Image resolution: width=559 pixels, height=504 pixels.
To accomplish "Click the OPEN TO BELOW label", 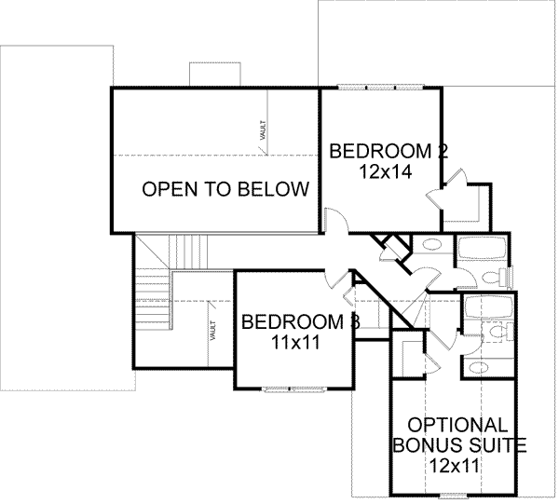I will [x=225, y=190].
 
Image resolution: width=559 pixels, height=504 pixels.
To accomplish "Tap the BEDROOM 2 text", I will [x=383, y=151].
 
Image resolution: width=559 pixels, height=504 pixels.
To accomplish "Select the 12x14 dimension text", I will [x=382, y=171].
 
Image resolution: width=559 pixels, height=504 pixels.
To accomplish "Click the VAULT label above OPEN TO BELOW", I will [x=264, y=128].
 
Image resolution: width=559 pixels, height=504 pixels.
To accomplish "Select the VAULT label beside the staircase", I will [x=214, y=330].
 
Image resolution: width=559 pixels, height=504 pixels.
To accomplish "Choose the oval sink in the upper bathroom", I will [x=429, y=247].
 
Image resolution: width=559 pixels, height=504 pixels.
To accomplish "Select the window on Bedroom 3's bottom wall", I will [x=293, y=388].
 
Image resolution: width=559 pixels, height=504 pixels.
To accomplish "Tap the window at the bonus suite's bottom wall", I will [x=452, y=495].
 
